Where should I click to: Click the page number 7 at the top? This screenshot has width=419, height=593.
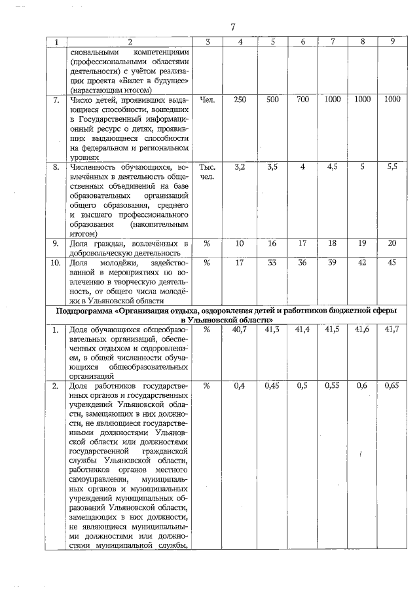click(x=232, y=27)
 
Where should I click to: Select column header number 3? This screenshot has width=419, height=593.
click(x=207, y=42)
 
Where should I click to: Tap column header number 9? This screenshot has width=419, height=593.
click(x=392, y=42)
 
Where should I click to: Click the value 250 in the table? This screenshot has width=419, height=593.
click(x=240, y=100)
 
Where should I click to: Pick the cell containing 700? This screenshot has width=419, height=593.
click(x=302, y=100)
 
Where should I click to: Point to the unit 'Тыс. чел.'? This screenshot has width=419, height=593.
click(x=206, y=173)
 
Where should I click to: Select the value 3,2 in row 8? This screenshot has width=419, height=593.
click(x=240, y=168)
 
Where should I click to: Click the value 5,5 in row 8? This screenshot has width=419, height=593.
click(x=392, y=168)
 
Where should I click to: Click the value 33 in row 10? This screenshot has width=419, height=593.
click(x=272, y=263)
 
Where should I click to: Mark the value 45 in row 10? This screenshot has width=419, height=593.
click(x=392, y=263)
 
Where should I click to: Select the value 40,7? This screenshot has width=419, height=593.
click(x=240, y=330)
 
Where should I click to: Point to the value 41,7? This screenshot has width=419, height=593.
click(x=392, y=330)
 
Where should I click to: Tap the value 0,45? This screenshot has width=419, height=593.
click(x=272, y=386)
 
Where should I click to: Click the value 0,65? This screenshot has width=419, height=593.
click(x=392, y=386)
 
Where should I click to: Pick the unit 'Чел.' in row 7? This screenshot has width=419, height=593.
click(x=206, y=100)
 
